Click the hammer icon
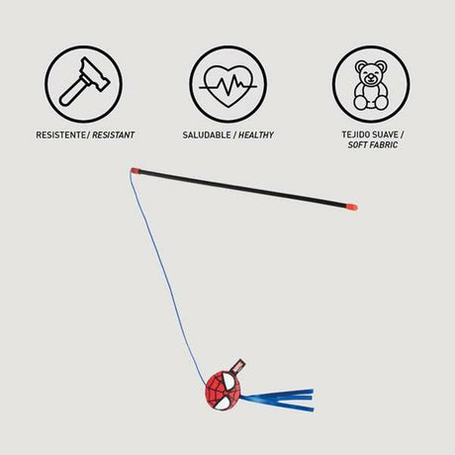coord(84,82)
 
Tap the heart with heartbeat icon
coord(228,86)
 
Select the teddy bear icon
coord(371,85)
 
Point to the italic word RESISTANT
coord(113,135)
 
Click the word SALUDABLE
coord(207,135)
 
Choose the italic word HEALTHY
coord(256,135)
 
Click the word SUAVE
coord(386,135)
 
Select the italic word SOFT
coord(357,144)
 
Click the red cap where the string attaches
coord(136,171)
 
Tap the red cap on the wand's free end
coord(351,207)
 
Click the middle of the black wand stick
coord(243,189)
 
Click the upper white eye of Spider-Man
coord(227,380)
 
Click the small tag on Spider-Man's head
coord(239,366)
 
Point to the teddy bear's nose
coord(371,79)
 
